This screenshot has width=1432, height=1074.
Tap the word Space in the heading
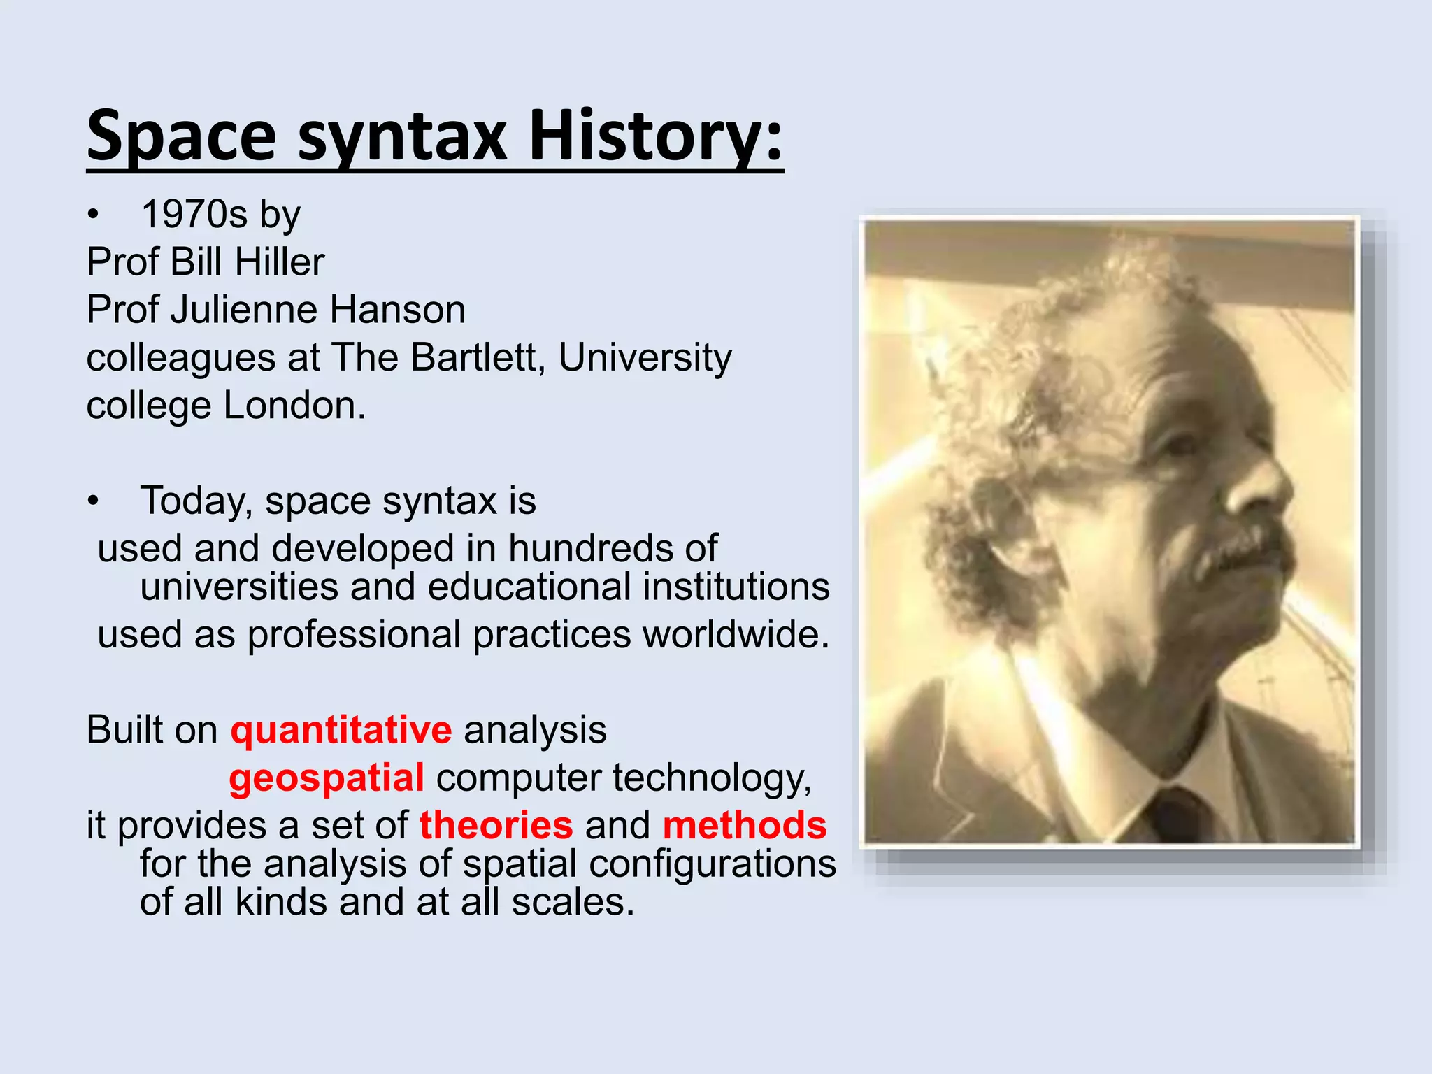[x=182, y=136]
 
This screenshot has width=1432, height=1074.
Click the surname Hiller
[x=280, y=262]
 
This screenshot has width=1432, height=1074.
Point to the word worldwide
[x=736, y=634]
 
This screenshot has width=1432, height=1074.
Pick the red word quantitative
[x=341, y=730]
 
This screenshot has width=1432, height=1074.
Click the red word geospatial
[x=327, y=778]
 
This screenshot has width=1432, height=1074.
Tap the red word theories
[x=496, y=825]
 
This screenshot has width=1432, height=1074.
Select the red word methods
[x=745, y=825]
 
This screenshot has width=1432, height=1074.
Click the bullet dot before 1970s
[x=94, y=215]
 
